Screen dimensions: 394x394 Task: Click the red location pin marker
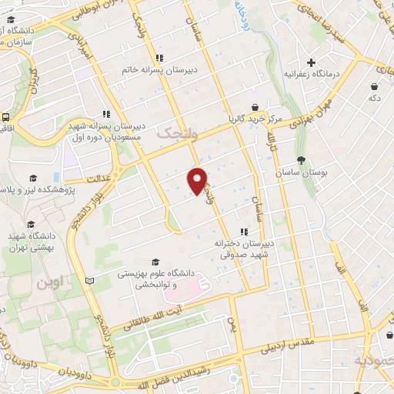198,180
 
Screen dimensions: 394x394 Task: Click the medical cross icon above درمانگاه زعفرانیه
311,62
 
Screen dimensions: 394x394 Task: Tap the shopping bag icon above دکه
374,86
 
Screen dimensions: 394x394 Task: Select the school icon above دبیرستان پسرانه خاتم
159,58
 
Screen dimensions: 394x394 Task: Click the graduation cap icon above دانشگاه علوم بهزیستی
156,262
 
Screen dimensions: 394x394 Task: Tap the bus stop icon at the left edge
6,118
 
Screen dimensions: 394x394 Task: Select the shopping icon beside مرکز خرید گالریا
254,108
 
